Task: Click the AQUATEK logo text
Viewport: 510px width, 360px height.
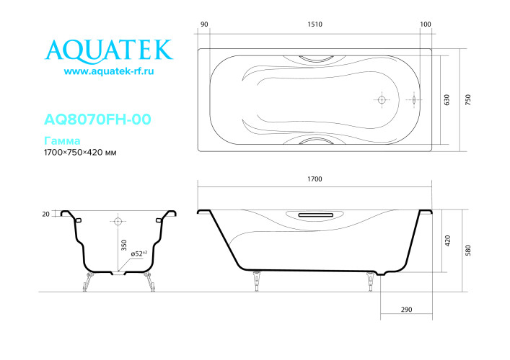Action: tap(110, 50)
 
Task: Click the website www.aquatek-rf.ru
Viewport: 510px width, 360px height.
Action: tap(110, 72)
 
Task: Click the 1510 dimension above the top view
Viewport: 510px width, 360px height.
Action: tap(314, 24)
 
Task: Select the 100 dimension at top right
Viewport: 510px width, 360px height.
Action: tap(425, 24)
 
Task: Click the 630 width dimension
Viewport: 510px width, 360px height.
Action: tap(447, 100)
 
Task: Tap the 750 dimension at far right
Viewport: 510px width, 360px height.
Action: tap(469, 100)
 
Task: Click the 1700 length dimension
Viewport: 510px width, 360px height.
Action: tap(314, 178)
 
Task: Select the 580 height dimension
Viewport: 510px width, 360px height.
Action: tap(469, 251)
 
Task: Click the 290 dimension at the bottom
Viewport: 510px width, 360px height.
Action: tap(406, 310)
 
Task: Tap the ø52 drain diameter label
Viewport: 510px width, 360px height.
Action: tap(139, 253)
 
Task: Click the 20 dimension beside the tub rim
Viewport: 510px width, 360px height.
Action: tap(46, 214)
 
